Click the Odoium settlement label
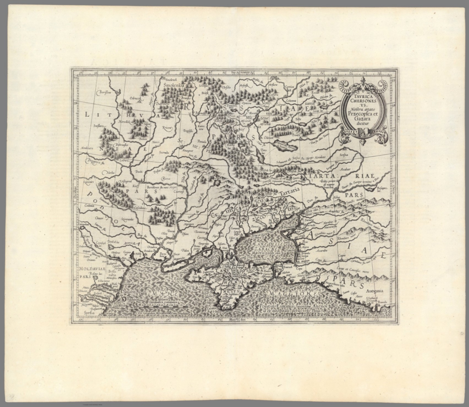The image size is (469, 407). point(267,137)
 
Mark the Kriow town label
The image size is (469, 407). point(167,127)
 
